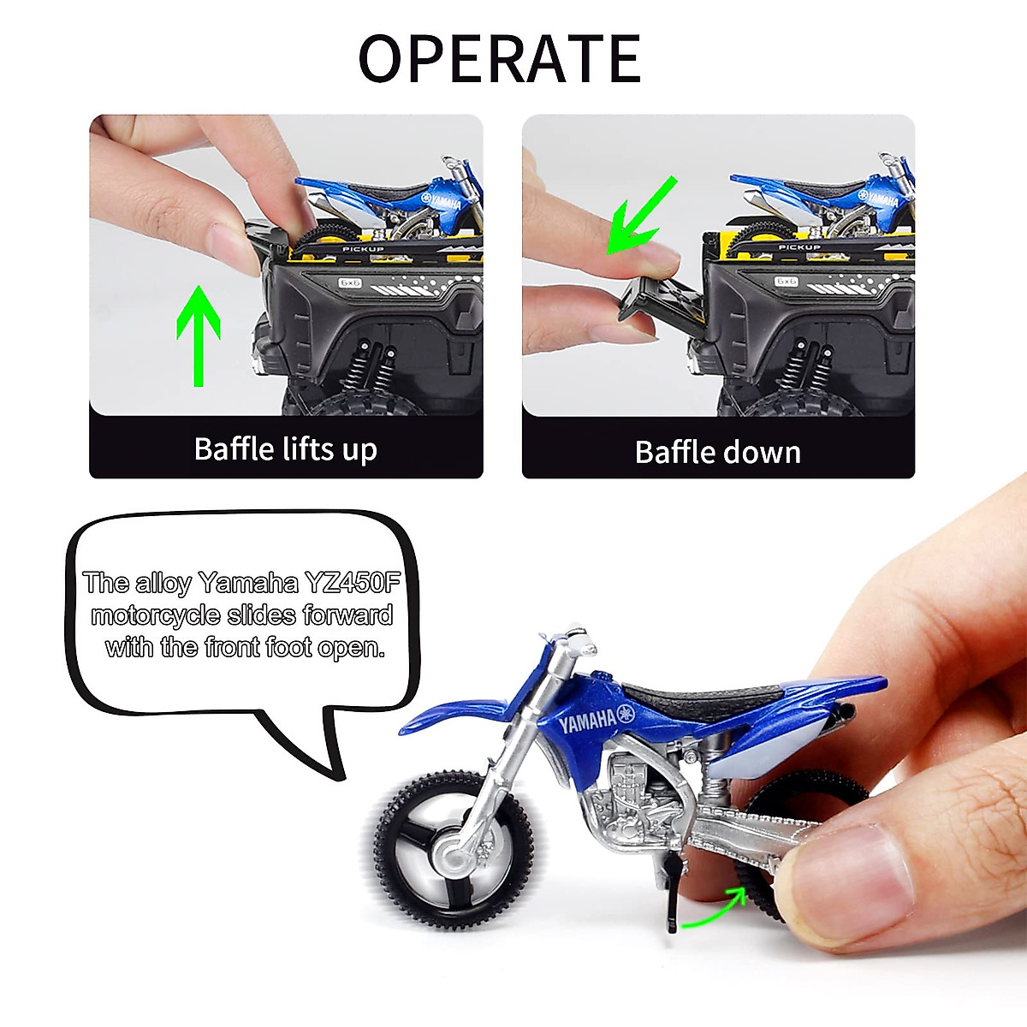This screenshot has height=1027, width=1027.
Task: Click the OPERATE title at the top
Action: (x=499, y=58)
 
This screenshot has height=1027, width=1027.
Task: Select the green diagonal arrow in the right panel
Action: (x=641, y=216)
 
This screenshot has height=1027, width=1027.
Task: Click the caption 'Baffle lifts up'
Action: (x=285, y=449)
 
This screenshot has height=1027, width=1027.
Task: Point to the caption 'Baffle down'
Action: (x=717, y=452)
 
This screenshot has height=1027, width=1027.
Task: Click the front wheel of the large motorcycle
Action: (x=454, y=850)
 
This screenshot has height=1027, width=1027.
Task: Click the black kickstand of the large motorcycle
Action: (x=674, y=894)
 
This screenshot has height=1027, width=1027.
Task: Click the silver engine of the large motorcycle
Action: (x=638, y=792)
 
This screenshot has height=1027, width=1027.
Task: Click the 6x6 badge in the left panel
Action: (x=351, y=281)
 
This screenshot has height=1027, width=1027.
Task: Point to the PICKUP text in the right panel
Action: (x=798, y=247)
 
